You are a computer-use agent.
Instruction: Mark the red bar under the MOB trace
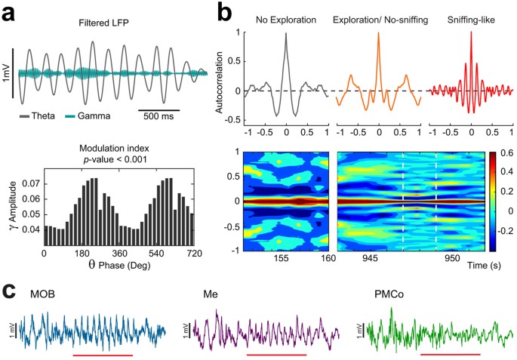pos(103,354)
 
